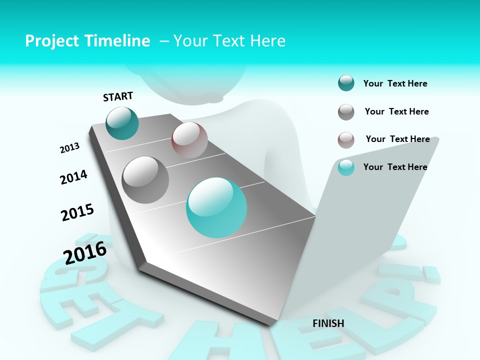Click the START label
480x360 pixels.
coord(118,96)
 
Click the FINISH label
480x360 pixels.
coord(328,323)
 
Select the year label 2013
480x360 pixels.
coord(69,148)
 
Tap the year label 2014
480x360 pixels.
coord(73,177)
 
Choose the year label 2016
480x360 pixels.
coord(85,252)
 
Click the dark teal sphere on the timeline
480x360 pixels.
coord(122,123)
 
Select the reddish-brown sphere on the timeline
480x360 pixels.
coord(189,140)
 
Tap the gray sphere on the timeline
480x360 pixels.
coord(145,179)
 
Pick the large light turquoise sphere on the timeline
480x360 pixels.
coord(216,207)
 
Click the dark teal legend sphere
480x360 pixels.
coord(346,83)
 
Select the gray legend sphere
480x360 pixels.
coord(346,112)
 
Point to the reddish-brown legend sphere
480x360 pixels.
coord(346,140)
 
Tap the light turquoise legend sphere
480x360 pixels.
coord(346,167)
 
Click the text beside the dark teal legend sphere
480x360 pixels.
coord(395,83)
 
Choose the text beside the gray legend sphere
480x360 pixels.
coord(396,111)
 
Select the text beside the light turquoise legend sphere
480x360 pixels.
coord(395,167)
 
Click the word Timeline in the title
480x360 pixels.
coord(117,41)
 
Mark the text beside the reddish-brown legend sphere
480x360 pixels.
coord(397,139)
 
